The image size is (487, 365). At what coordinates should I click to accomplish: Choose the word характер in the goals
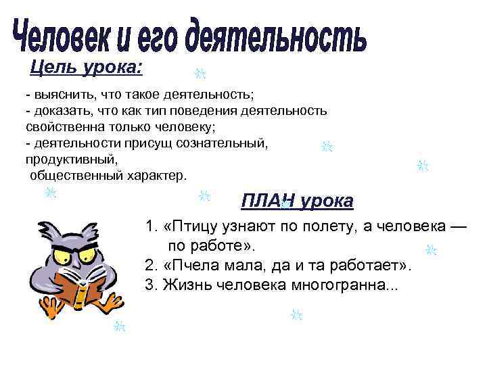(x=154, y=176)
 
